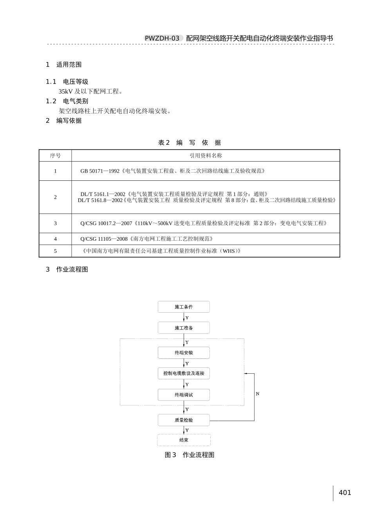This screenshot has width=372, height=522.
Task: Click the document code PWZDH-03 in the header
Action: tap(162, 38)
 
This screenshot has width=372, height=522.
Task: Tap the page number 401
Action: tap(345, 493)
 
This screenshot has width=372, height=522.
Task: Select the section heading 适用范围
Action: tap(69, 65)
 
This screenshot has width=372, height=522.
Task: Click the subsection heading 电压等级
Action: tap(76, 82)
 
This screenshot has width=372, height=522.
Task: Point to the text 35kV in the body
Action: tap(66, 92)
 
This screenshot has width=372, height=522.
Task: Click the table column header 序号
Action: tap(55, 156)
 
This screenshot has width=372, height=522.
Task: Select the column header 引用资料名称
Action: tap(206, 156)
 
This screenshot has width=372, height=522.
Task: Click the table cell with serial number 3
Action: tap(55, 223)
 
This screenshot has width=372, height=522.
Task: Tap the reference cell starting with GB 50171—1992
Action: tap(173, 171)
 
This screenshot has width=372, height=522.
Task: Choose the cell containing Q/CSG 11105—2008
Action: tap(147, 239)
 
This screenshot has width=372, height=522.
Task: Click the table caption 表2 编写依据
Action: tap(190, 143)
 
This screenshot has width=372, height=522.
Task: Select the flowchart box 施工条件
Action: tap(184, 307)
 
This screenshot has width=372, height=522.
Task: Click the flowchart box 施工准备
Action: tap(184, 328)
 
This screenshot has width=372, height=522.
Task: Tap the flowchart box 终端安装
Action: tap(184, 353)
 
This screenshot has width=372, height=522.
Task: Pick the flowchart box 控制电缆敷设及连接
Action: tap(184, 373)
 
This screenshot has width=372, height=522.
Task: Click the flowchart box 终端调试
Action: tap(184, 395)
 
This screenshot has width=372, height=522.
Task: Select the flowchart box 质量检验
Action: tap(184, 420)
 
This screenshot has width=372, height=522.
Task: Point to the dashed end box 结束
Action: tap(184, 440)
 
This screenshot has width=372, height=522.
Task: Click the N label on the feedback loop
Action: tap(257, 394)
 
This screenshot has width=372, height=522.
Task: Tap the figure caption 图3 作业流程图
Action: tap(190, 455)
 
